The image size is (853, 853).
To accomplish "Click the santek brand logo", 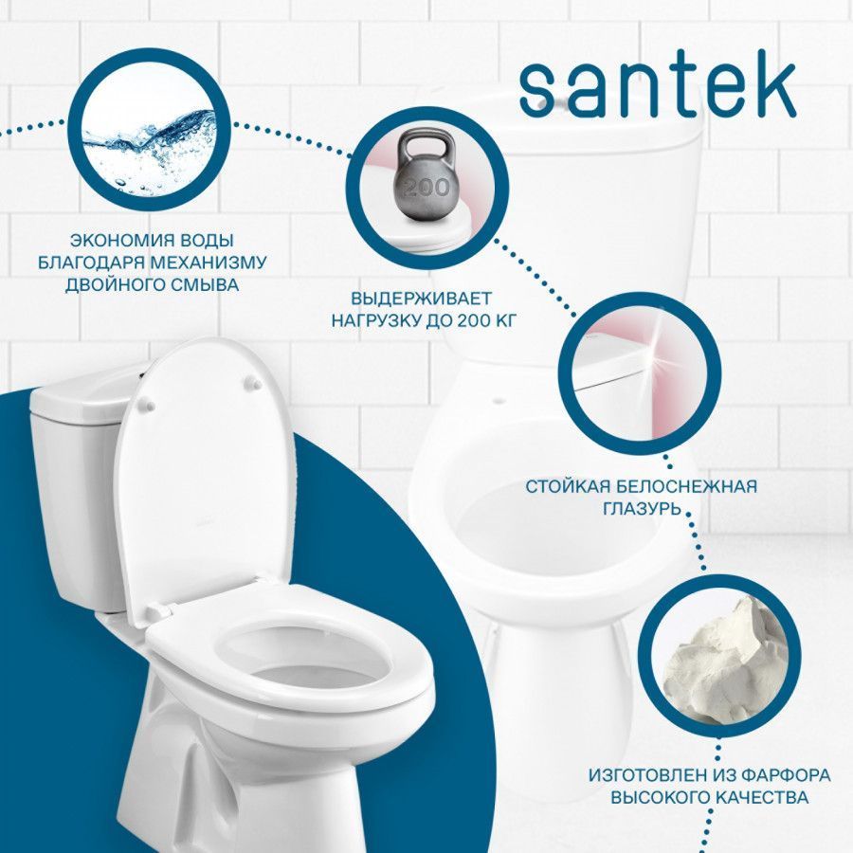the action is coord(658,89).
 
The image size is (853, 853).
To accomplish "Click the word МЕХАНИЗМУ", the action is coord(209,263).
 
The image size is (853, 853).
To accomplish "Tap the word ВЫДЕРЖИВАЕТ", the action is coord(421,299).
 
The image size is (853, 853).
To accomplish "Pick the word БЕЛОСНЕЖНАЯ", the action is coord(682,486).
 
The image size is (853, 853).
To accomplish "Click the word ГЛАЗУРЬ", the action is coord(642,509).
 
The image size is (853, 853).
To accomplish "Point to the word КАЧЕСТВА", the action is coord(753,797).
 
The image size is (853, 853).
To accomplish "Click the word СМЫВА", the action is coord(203,285).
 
